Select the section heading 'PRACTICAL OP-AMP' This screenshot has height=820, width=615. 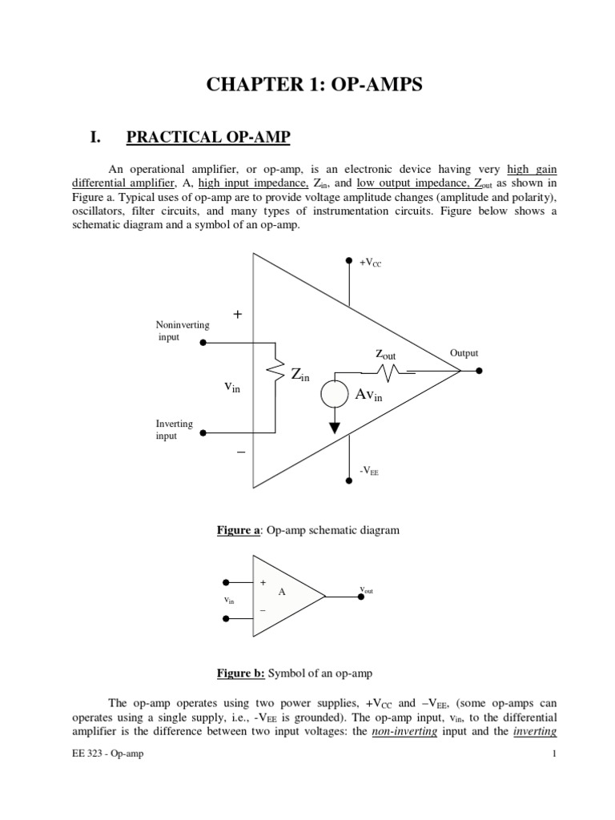208,138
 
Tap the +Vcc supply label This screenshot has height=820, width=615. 371,262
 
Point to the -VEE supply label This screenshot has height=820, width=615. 369,472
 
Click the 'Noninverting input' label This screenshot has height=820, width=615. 182,331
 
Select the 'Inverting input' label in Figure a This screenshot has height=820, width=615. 174,430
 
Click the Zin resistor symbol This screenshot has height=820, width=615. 276,373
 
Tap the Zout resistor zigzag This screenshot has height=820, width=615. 388,372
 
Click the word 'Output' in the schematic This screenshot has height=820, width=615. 464,353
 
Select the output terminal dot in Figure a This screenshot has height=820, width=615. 479,371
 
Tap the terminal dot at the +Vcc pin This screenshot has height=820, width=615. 348,260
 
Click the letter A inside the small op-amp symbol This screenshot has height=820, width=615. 281,592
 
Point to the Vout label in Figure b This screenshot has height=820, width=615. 366,591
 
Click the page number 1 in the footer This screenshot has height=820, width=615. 553,754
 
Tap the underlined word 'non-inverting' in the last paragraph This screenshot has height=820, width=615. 404,732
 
